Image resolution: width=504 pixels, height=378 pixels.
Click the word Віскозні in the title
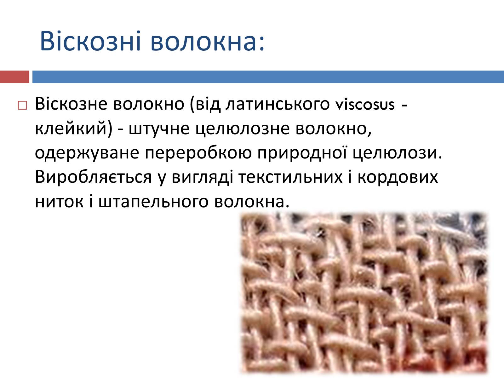point(90,41)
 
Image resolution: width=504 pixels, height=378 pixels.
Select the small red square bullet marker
point(22,105)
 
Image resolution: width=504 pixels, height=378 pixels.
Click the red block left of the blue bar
point(15,77)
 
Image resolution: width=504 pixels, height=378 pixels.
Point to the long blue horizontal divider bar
point(268,77)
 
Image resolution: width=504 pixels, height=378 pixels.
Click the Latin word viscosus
point(365,105)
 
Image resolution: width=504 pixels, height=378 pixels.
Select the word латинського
point(278,105)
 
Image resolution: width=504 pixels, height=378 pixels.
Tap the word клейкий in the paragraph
point(71,129)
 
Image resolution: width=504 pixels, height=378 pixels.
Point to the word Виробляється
point(93,177)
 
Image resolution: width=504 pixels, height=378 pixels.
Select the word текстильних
point(290,177)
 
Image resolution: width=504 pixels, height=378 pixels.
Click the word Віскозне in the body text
point(71,104)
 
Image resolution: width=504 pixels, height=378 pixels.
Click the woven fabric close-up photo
point(364,293)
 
